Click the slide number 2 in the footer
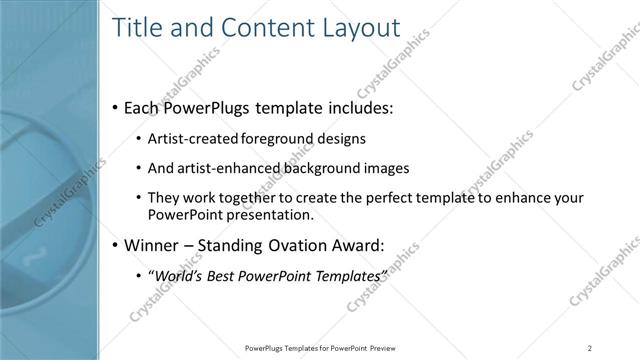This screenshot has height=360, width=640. (x=589, y=348)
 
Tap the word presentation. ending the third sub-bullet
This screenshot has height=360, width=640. (x=270, y=214)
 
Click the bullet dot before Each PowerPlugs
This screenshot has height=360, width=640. (x=115, y=106)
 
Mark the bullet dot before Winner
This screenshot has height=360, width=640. (x=115, y=244)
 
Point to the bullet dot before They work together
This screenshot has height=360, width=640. (x=137, y=198)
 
